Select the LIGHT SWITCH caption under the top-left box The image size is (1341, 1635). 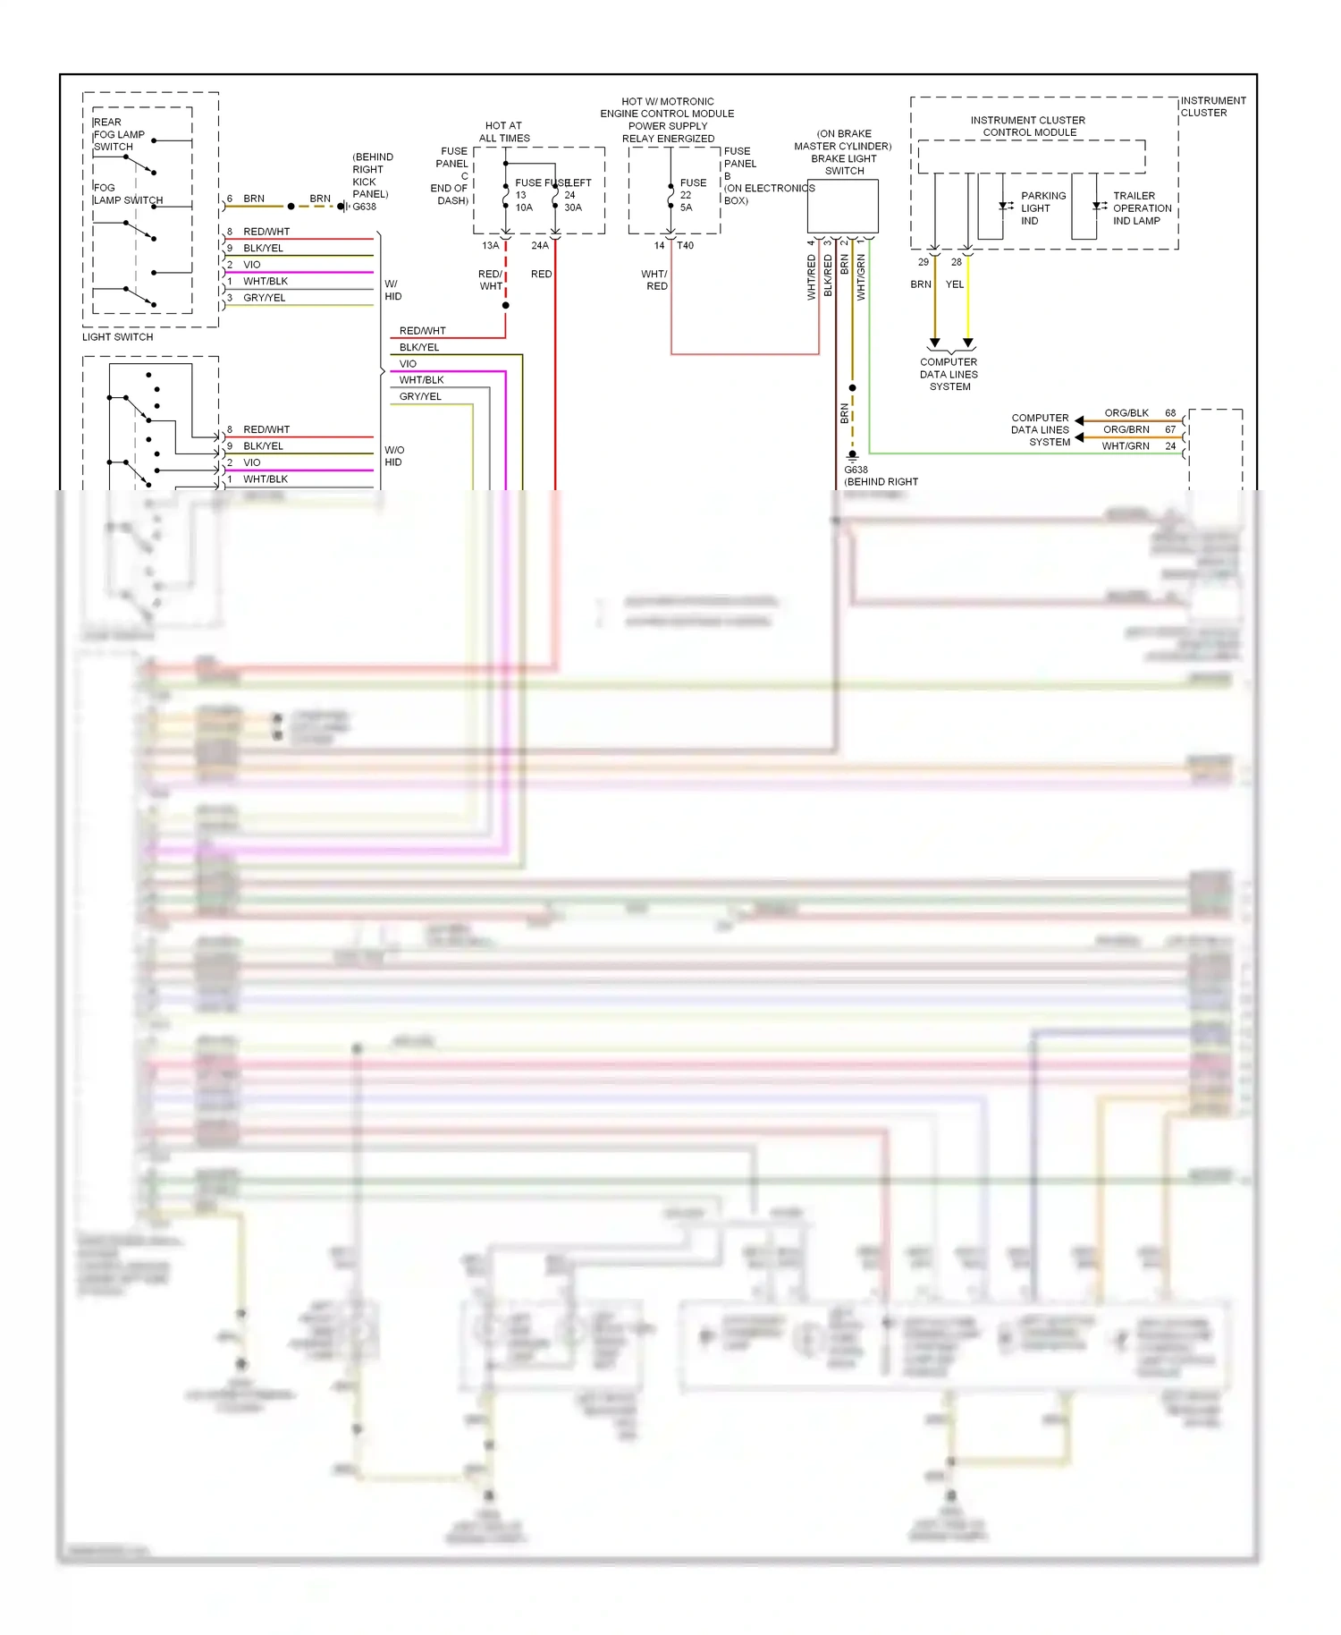[117, 337]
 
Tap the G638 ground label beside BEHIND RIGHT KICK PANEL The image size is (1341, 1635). [364, 207]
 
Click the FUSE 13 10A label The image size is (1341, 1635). [524, 195]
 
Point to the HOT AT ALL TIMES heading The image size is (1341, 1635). [504, 132]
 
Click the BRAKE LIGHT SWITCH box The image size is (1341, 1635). [842, 207]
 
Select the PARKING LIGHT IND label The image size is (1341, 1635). [1042, 208]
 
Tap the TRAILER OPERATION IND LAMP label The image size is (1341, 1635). [1141, 208]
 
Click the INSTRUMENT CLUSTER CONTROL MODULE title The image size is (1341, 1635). [1028, 126]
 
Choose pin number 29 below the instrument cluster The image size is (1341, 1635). [924, 262]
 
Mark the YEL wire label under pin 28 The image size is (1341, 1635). [955, 284]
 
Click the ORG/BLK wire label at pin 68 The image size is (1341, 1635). [1126, 413]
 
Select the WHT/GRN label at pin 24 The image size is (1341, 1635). [1125, 446]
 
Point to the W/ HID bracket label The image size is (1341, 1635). [392, 290]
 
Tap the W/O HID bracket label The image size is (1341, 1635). [393, 456]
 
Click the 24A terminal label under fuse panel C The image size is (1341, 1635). [540, 245]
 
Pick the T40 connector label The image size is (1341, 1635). [685, 245]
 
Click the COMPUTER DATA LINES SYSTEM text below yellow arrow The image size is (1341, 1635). [949, 375]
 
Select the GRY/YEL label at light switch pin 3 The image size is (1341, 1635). [264, 298]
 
